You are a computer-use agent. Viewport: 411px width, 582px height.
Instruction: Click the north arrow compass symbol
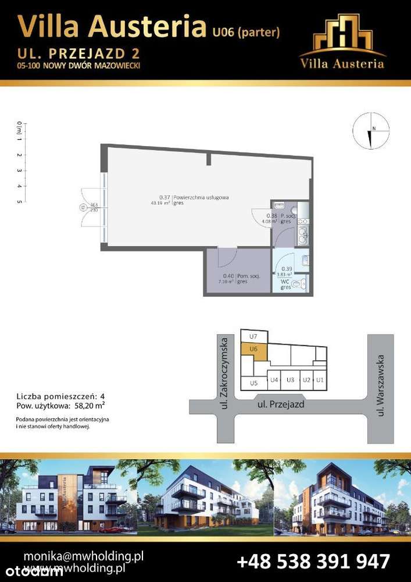click(370, 132)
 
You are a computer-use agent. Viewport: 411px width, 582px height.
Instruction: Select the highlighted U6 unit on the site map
click(253, 349)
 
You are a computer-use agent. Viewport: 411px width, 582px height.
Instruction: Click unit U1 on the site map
click(319, 380)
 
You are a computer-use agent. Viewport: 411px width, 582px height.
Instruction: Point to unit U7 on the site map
click(253, 336)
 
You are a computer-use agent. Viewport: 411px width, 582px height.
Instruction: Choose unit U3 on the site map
click(290, 380)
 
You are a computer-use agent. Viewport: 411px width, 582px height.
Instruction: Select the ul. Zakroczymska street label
click(223, 372)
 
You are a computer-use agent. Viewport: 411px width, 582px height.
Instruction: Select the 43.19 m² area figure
click(159, 203)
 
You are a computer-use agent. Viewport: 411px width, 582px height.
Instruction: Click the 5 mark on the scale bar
click(20, 201)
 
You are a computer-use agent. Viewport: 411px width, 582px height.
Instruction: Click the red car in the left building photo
click(111, 529)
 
